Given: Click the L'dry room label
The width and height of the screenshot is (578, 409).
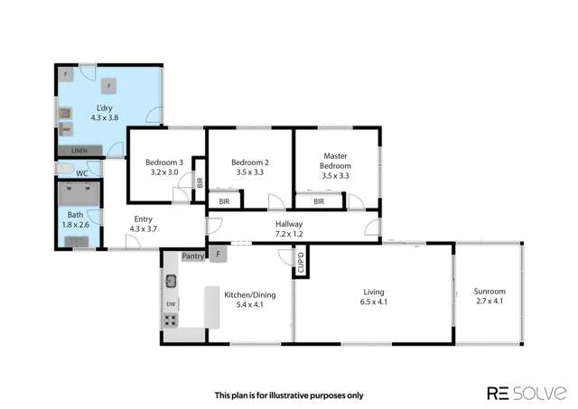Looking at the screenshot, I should coord(105,111).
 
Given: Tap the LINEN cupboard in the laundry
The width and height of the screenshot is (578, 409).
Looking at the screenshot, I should coord(80,151).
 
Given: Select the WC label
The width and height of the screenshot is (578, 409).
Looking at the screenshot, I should coord(81,172).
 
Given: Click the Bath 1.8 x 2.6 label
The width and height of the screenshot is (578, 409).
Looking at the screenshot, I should coord(76,219).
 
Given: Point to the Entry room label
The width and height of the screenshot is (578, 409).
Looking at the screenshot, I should coord(144,223).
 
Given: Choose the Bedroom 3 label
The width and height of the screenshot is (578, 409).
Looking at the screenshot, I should coord(164,168).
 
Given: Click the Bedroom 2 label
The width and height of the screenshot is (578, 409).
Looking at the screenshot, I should coord(250,168).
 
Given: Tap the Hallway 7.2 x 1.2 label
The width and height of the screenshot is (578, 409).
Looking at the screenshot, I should coord(289,229).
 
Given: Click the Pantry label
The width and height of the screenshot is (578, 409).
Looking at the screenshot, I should coord(193,256).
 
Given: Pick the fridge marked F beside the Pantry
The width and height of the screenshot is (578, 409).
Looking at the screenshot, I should coord(218,256).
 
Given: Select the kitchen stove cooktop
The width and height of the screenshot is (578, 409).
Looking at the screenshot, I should coord(170,321).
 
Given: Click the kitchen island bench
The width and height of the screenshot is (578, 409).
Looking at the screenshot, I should coord(212,307).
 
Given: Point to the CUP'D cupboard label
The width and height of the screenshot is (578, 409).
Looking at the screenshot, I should coord(302,264).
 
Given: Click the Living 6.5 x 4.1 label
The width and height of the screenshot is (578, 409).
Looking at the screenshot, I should coord(374,297).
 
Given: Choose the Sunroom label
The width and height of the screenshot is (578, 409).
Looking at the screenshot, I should coord(489,297).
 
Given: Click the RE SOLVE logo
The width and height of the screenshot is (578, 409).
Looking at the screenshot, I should coord(527,394).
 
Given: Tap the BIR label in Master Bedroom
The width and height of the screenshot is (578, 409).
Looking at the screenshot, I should coord(319,201).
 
